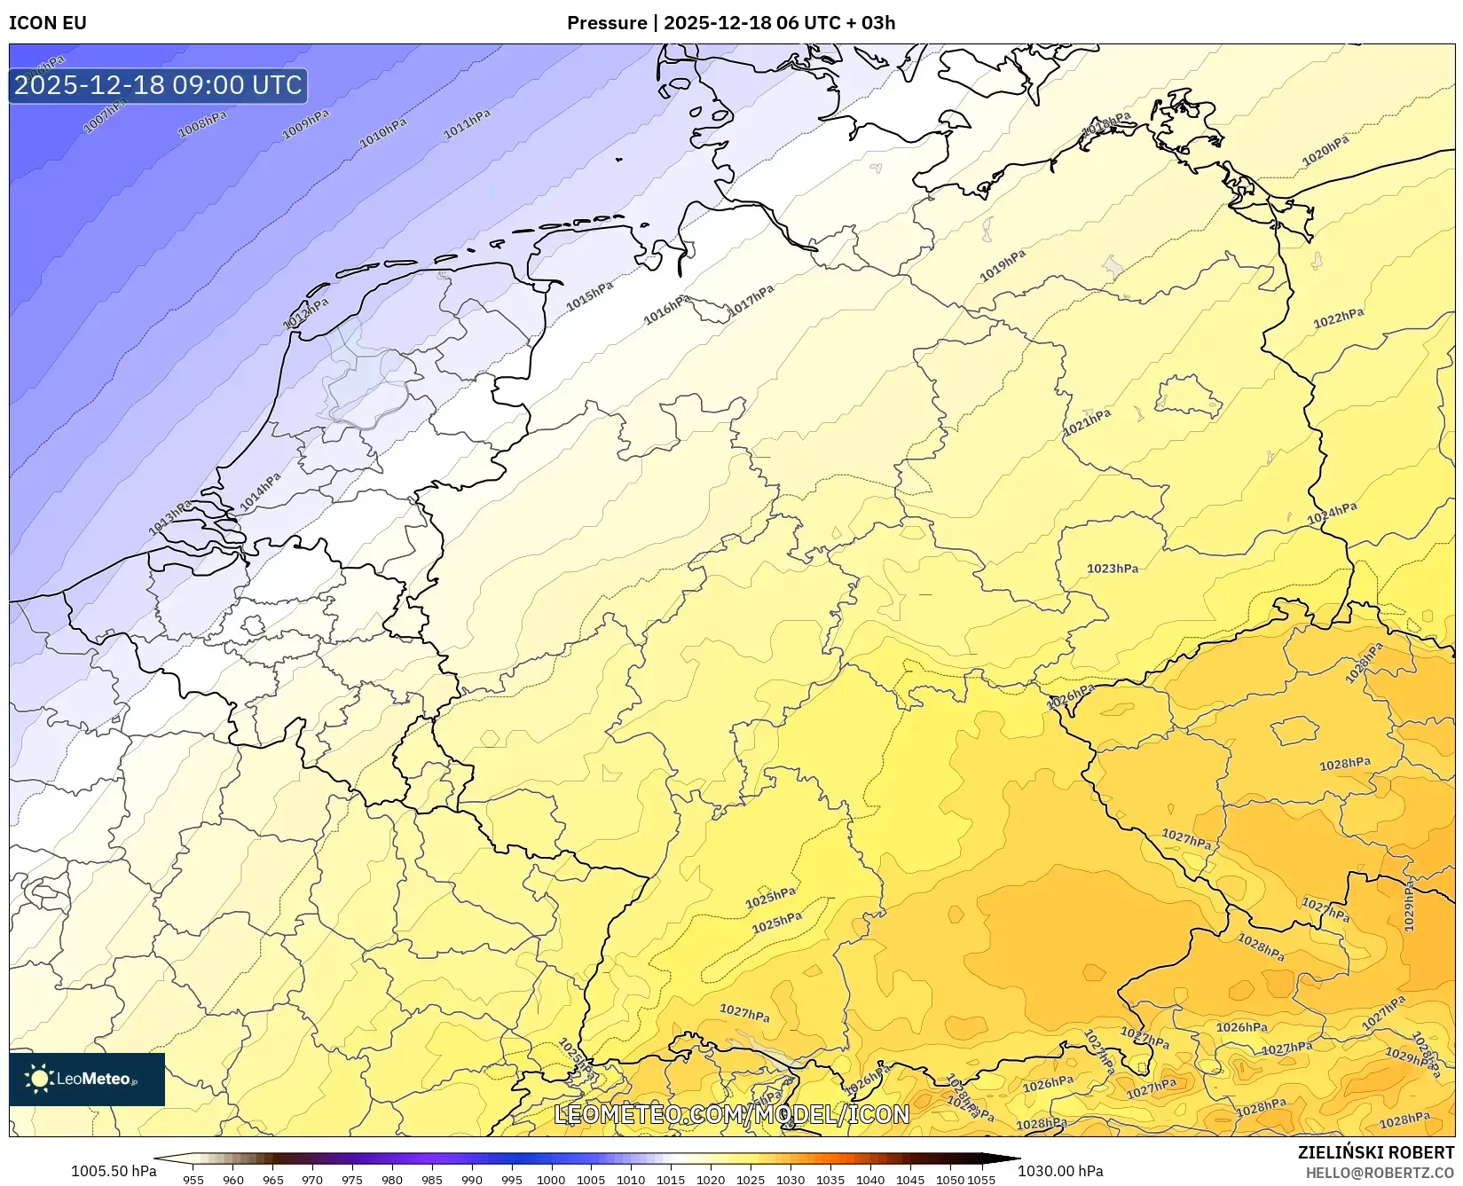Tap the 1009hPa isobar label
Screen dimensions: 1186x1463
click(305, 125)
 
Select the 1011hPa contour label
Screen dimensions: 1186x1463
click(467, 125)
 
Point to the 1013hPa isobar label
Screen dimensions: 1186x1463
click(170, 518)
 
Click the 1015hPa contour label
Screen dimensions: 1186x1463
click(590, 296)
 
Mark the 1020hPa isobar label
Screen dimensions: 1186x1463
click(1325, 151)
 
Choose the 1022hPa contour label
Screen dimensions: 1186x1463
click(1339, 318)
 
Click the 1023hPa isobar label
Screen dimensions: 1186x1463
click(1113, 569)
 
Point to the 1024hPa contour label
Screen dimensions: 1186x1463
click(1332, 514)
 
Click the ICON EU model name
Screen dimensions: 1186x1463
click(48, 23)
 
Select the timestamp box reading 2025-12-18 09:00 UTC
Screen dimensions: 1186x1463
click(158, 85)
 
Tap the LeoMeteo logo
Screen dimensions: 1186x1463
click(87, 1079)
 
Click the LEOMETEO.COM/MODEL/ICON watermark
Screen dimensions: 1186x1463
click(732, 1114)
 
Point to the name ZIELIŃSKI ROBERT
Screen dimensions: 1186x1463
click(1376, 1152)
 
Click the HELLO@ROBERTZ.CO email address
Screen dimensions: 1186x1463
click(1380, 1174)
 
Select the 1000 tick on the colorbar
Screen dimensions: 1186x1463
click(551, 1179)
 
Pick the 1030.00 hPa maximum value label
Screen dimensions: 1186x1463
click(1060, 1171)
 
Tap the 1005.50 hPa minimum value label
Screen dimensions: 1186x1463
click(114, 1171)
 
